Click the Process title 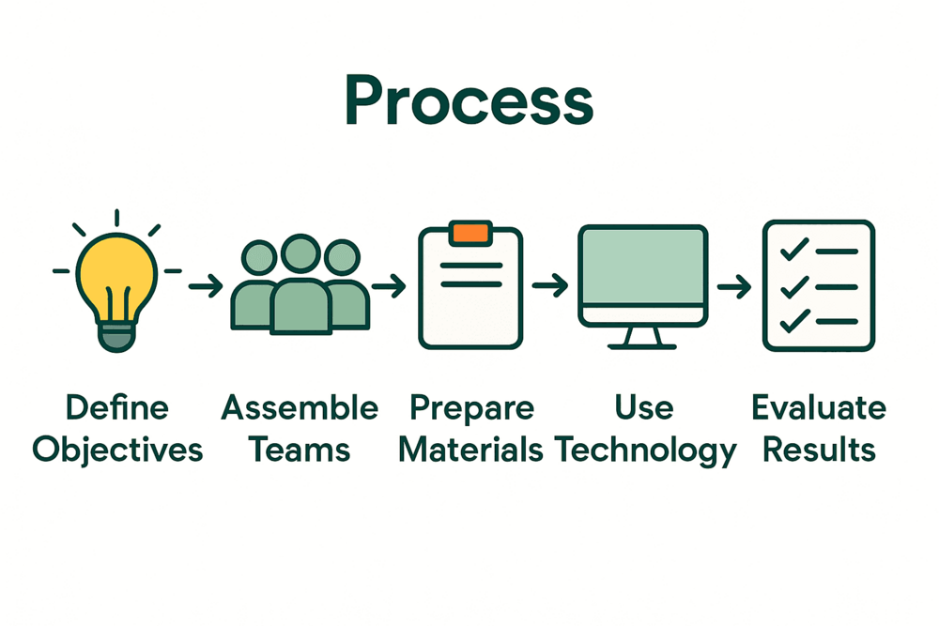469,101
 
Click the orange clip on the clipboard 469,233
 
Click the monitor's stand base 643,344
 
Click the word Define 117,408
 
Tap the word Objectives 117,450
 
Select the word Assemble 300,408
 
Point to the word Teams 300,450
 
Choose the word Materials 470,450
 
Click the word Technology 645,451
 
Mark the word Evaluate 819,408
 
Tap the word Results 819,450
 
